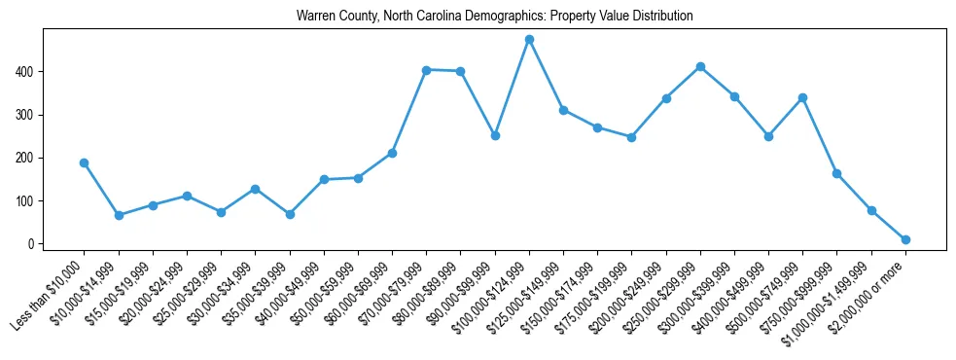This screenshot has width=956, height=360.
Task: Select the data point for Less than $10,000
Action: (x=85, y=162)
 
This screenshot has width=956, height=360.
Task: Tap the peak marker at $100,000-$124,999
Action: (x=529, y=39)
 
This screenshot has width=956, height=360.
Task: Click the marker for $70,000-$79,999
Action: (x=426, y=69)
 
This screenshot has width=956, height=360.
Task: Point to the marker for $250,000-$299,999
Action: (x=700, y=66)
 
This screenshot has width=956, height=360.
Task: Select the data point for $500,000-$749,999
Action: (x=802, y=97)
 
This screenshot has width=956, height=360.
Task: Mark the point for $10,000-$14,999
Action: (x=119, y=215)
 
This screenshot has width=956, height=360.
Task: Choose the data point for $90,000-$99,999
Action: (x=495, y=135)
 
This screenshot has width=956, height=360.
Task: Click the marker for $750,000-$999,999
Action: (x=836, y=173)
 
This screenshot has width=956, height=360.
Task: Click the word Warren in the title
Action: (x=315, y=17)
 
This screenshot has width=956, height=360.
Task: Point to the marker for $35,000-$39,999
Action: (x=290, y=214)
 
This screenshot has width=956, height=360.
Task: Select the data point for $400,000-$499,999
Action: (x=768, y=136)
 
